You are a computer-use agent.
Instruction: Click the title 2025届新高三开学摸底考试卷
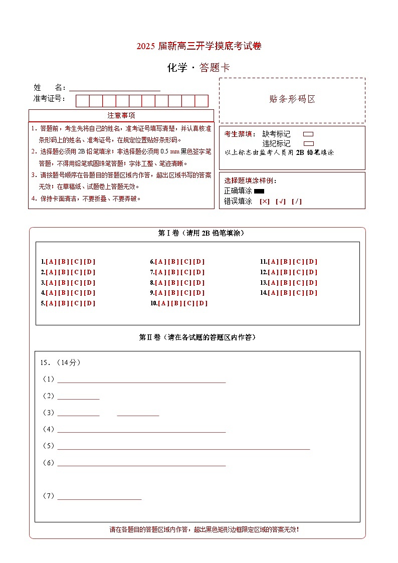tap(199, 46)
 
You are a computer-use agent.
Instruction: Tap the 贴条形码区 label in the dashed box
tap(292, 99)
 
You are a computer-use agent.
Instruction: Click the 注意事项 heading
tap(121, 115)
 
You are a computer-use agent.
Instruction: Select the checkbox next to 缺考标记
tap(308, 134)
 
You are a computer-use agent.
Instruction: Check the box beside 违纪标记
tap(308, 143)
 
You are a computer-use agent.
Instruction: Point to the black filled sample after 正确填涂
tap(259, 191)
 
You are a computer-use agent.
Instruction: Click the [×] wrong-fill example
tap(264, 202)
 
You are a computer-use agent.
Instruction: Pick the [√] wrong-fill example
tap(281, 202)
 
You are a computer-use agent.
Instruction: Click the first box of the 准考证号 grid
tap(82, 101)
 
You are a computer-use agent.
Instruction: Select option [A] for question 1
tap(51, 262)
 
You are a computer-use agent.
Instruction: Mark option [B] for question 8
tap(173, 283)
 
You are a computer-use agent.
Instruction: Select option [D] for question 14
tap(312, 293)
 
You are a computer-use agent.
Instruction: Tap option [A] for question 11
tap(273, 262)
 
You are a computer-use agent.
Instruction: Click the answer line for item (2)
tap(78, 397)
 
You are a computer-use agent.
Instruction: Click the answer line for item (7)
tap(99, 497)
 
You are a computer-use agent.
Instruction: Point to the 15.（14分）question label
tap(60, 362)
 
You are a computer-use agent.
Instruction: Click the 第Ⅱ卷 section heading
tap(197, 337)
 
